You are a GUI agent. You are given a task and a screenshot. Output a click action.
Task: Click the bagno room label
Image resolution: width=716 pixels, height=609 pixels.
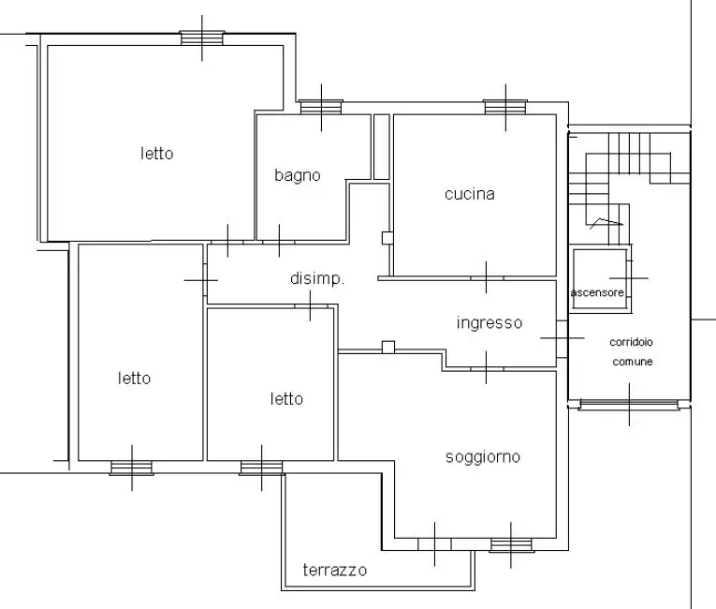298,175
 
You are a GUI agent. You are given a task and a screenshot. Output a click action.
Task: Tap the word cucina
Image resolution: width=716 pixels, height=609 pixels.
470,194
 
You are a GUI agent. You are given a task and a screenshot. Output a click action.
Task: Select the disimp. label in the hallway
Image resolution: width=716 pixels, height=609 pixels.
317,278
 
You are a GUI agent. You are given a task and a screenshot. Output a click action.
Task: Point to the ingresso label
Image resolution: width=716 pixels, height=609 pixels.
490,323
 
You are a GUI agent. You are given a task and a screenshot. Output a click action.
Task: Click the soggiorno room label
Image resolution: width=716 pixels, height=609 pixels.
483,457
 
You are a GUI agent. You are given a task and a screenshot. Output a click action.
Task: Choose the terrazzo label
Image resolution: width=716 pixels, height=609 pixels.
335,571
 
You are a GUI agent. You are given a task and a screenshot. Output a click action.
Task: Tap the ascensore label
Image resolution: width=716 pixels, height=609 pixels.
597,292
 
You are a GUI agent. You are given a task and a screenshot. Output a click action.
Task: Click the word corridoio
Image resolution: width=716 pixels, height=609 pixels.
631,342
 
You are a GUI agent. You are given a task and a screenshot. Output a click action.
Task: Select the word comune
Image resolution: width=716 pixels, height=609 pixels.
633,362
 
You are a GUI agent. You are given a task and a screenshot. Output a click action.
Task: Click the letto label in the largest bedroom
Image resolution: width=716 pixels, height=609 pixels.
156,154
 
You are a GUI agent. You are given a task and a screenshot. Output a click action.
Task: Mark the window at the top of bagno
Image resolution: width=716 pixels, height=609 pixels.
321,107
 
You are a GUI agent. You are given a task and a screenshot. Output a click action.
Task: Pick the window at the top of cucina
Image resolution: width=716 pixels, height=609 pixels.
505,107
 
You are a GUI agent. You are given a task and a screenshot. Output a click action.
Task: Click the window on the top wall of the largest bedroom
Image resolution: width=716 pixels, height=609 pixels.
202,38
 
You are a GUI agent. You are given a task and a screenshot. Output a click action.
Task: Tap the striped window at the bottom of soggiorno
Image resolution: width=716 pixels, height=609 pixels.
511,545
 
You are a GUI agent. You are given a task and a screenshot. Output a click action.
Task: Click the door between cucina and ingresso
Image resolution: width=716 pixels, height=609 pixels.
487,278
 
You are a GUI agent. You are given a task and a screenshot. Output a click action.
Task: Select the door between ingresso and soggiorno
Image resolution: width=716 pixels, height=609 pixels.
487,368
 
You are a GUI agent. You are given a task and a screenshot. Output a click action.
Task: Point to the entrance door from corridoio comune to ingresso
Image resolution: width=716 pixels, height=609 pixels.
563,338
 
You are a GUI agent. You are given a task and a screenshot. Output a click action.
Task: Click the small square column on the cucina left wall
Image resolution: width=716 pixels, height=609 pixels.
387,238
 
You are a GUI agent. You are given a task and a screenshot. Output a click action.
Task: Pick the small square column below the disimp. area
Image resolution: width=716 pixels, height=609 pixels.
388,347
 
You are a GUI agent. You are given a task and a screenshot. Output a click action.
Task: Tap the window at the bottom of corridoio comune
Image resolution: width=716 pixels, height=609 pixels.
629,404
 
